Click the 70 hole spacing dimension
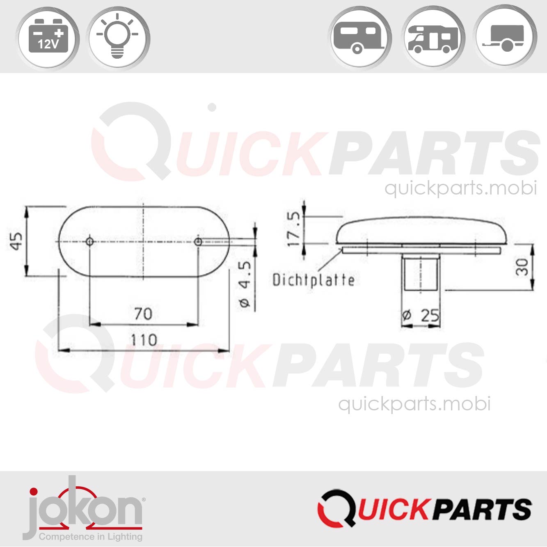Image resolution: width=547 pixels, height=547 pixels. [x=143, y=314]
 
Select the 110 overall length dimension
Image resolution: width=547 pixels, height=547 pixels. [x=144, y=340]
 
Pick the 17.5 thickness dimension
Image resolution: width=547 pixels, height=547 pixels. [x=294, y=229]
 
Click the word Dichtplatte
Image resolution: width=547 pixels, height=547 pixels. [x=314, y=280]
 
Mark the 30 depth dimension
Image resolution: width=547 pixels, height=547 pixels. [x=522, y=267]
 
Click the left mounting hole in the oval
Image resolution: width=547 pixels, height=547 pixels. [x=90, y=241]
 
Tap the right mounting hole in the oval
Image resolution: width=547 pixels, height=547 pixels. [x=198, y=241]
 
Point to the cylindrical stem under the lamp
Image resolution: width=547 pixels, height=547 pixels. [x=421, y=272]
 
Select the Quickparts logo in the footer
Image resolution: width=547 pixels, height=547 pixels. [x=424, y=508]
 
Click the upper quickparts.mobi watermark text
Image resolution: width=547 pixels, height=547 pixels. [x=460, y=188]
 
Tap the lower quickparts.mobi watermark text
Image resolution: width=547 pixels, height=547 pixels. [x=414, y=404]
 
